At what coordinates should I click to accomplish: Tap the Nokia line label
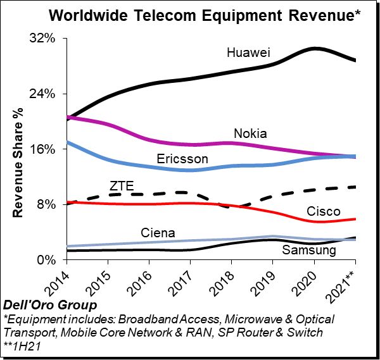(250, 133)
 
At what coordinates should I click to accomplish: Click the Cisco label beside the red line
(323, 211)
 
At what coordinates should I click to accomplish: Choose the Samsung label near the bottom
(308, 251)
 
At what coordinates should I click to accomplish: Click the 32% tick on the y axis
(44, 39)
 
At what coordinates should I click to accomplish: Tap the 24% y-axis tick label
(44, 94)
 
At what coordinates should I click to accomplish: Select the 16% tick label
(44, 149)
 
